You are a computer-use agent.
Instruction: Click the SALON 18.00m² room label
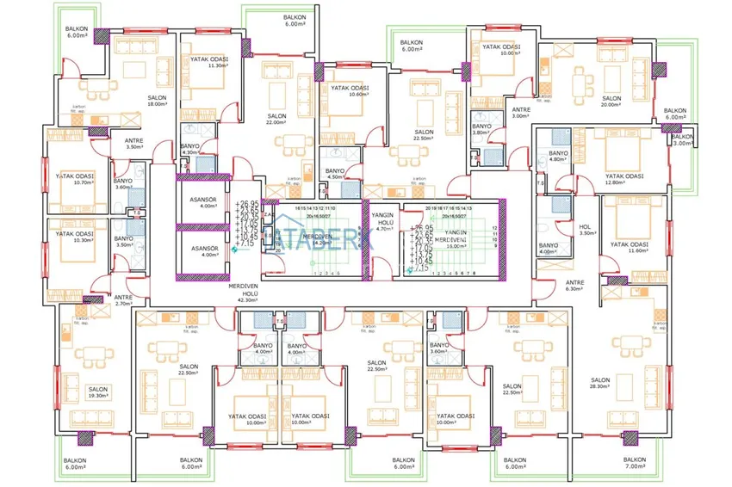pos(157,101)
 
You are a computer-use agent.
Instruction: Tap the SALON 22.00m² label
pos(276,120)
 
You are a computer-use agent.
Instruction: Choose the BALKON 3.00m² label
pos(682,140)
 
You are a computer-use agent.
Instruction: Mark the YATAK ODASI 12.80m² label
pos(623,178)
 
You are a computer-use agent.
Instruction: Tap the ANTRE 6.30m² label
pos(574,286)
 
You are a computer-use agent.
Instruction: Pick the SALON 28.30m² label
pos(600,384)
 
